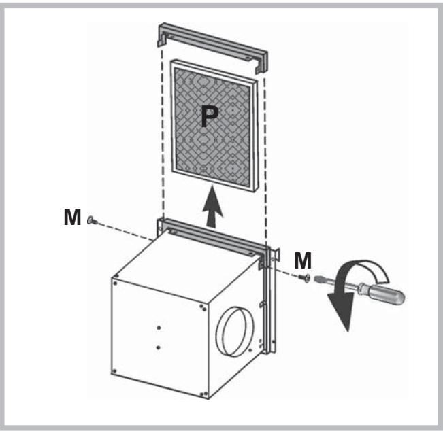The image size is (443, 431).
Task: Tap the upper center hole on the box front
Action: [158, 326]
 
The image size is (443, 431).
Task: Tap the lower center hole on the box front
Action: [158, 347]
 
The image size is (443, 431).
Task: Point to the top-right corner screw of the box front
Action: [202, 306]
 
